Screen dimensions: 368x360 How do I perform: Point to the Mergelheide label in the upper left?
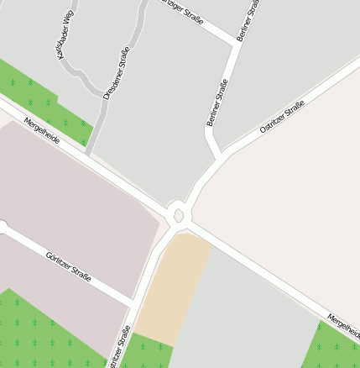tap(42, 131)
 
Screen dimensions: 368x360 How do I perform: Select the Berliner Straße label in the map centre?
tap(217, 103)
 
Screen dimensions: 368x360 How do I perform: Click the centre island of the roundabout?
tap(179, 216)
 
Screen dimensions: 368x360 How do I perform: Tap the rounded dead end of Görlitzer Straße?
tap(3, 227)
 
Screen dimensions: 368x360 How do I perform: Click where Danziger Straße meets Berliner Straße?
tap(236, 41)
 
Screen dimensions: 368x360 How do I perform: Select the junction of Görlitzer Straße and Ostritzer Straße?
tap(133, 302)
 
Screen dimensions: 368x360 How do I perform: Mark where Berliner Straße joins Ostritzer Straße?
tap(222, 155)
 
